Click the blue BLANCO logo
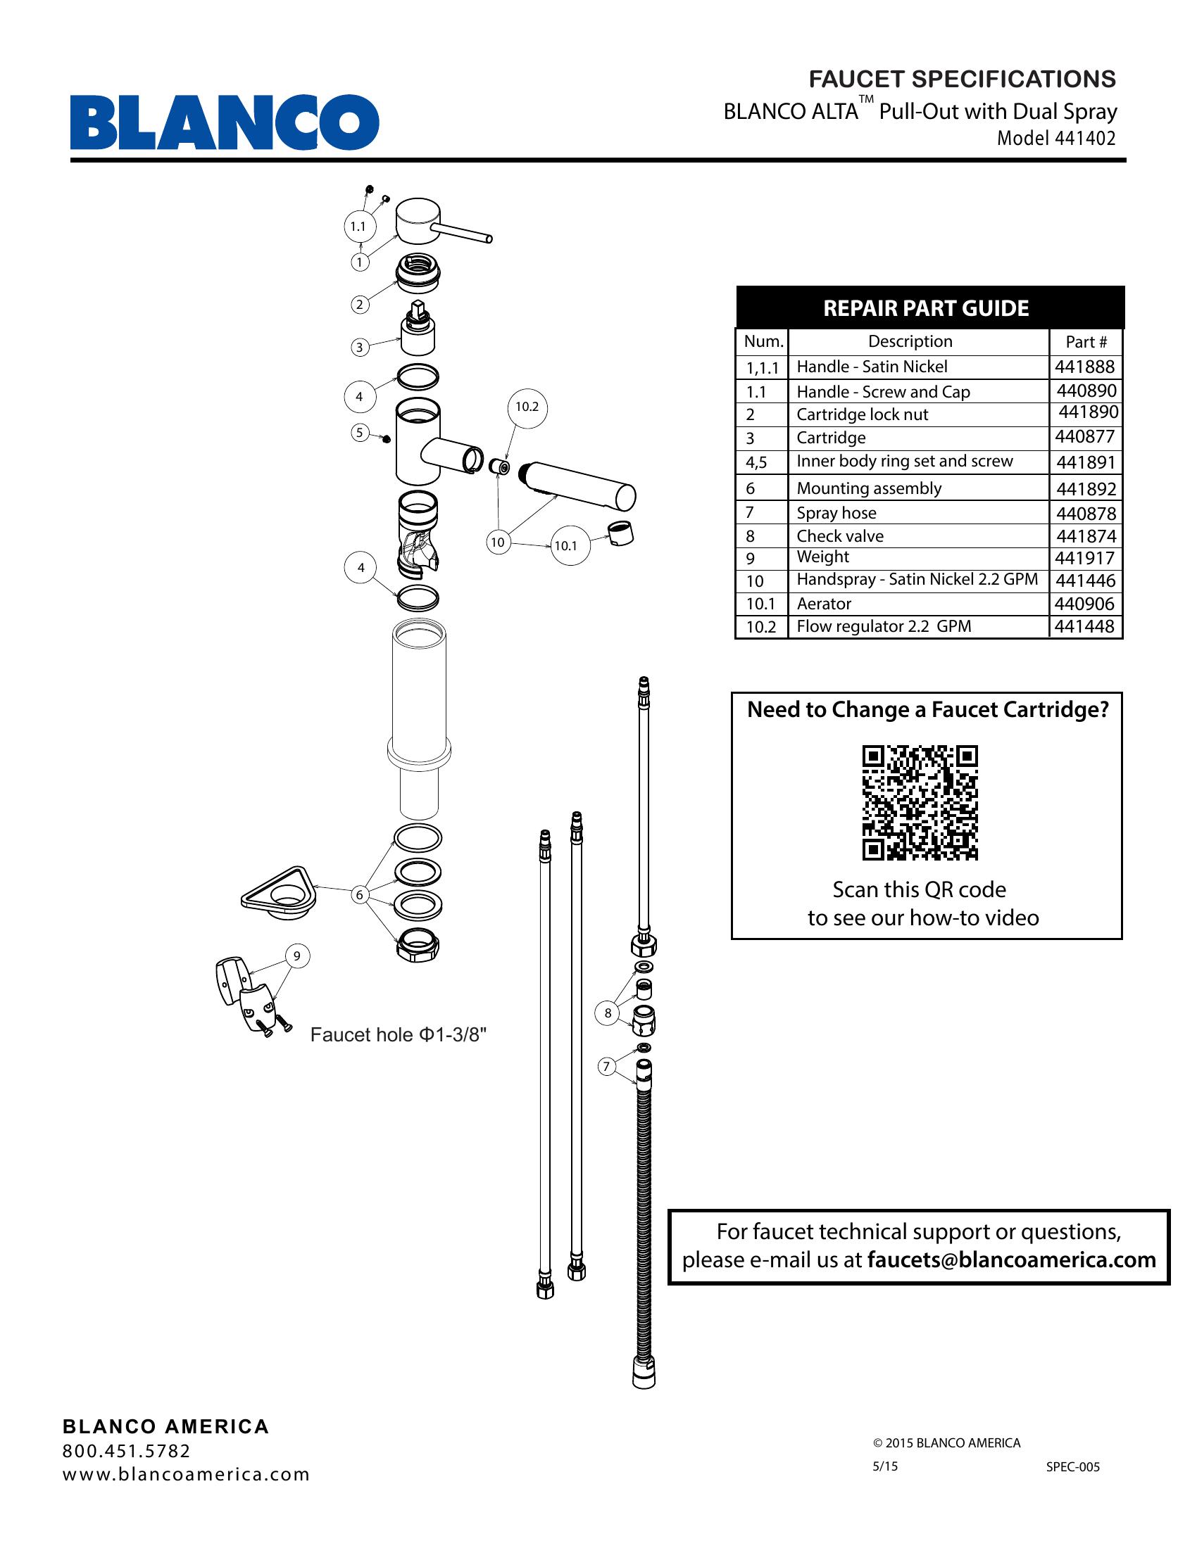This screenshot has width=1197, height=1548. tap(224, 122)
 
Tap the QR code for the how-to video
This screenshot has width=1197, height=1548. tap(920, 802)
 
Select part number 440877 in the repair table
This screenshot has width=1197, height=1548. tap(1085, 437)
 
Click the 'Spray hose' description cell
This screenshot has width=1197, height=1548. tap(836, 512)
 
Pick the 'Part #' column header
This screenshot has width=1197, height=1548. tap(1086, 342)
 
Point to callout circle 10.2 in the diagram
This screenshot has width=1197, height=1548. tap(527, 407)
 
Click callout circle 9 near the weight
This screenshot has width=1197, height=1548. tap(297, 956)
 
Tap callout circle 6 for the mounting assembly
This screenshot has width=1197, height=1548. tap(360, 895)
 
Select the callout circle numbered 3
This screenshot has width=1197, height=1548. tap(360, 348)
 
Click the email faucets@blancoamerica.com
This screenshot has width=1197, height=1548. tap(1011, 1260)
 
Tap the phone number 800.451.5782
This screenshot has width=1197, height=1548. tap(127, 1451)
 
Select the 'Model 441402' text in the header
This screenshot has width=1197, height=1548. tap(1056, 138)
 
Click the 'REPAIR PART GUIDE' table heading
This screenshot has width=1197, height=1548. tap(925, 308)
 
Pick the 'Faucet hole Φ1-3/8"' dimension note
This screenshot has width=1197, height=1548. tap(399, 1035)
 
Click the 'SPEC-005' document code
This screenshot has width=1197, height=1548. tap(1072, 1466)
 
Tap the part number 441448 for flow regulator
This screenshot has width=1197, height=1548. tap(1084, 626)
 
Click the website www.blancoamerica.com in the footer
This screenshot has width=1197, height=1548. tap(187, 1474)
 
